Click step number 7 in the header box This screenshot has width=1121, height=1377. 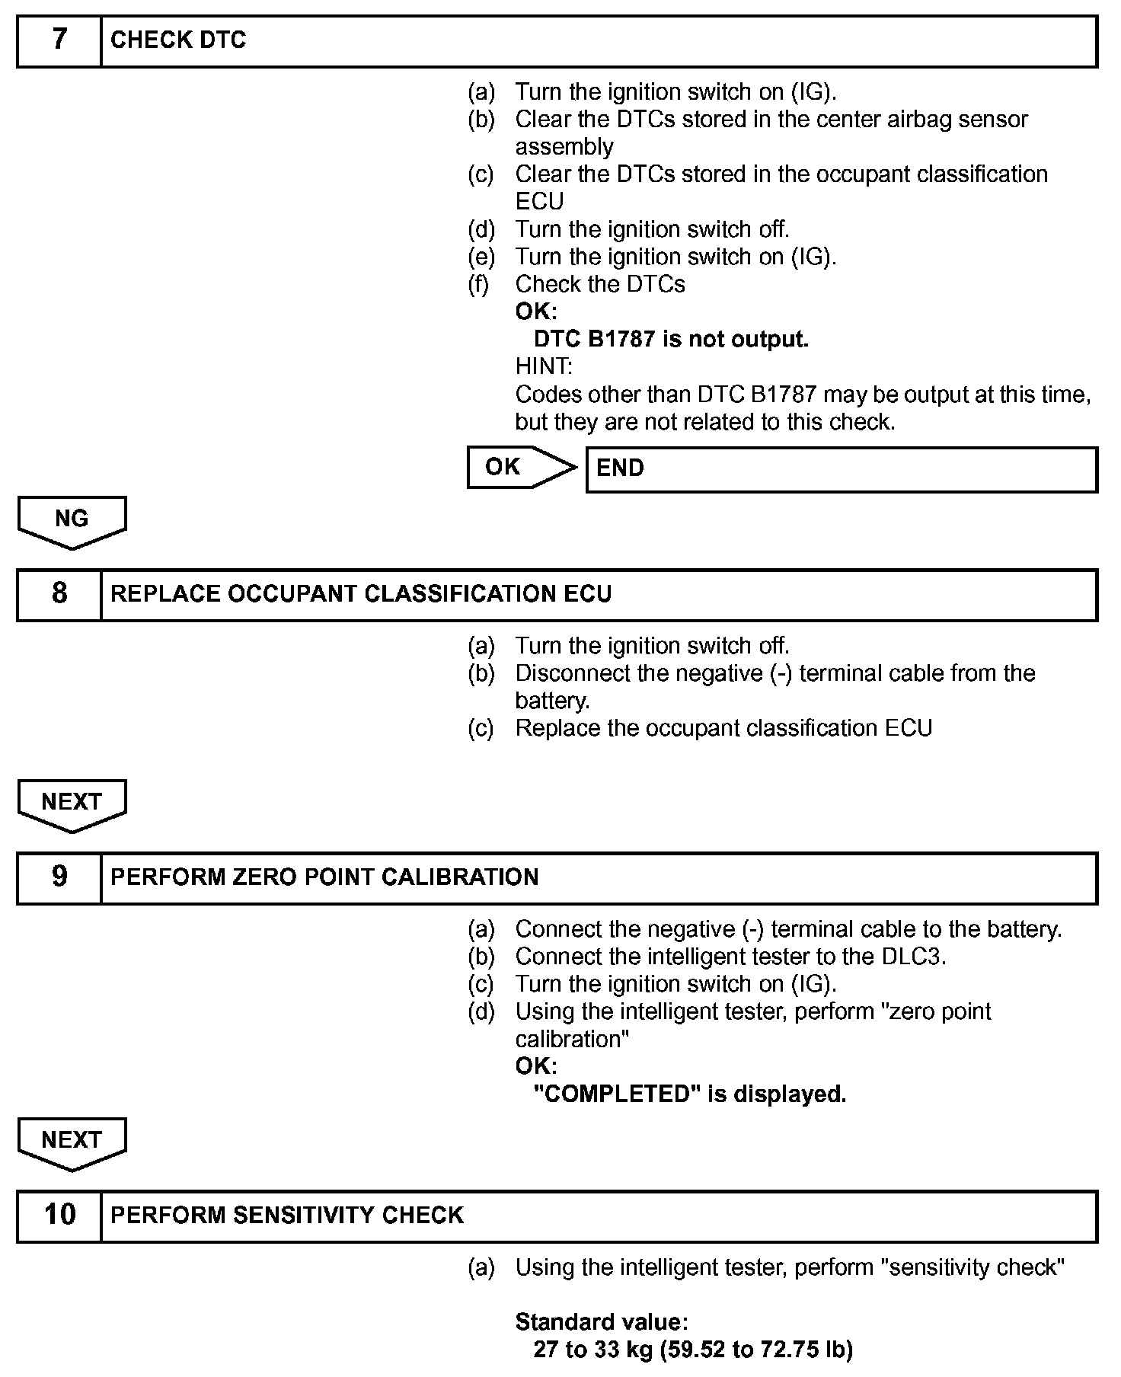59,40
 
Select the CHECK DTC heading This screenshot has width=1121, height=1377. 178,40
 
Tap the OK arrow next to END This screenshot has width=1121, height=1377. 522,467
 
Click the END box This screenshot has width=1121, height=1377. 841,468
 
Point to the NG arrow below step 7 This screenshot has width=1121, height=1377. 72,521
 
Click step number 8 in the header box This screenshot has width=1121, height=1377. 59,594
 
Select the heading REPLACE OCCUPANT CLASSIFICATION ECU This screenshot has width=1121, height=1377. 360,594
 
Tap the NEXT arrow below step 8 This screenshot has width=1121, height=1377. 72,804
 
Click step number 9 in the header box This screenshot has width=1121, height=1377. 59,877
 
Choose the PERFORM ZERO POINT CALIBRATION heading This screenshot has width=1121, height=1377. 324,877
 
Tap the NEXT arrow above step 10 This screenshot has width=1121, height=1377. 72,1142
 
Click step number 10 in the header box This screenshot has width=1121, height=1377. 59,1215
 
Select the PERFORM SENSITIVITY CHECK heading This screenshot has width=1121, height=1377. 287,1216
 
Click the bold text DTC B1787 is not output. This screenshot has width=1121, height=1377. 671,339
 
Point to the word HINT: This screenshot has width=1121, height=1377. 544,366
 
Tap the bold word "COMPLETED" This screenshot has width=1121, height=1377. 617,1094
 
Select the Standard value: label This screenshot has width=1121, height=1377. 602,1321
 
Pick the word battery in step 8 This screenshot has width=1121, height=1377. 551,701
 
